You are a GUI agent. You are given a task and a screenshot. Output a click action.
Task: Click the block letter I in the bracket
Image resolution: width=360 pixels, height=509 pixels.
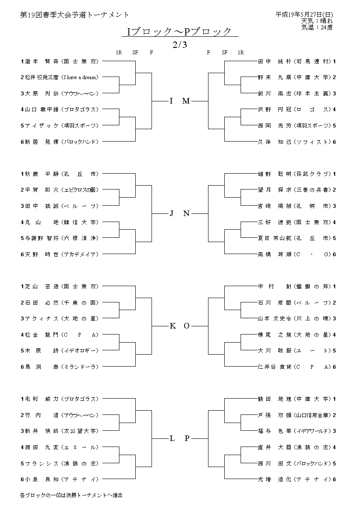pos(171,101)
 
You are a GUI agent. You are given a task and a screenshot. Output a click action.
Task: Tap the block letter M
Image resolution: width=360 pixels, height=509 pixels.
pos(186,101)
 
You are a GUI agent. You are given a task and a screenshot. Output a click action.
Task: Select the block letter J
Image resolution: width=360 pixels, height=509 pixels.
pos(171,213)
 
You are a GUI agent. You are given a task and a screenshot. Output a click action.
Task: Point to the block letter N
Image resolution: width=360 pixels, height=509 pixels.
pos(186,213)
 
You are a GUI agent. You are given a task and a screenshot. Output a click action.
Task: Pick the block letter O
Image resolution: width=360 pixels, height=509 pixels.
pos(186,326)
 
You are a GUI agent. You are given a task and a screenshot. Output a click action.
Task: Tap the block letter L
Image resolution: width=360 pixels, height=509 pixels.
pos(172,438)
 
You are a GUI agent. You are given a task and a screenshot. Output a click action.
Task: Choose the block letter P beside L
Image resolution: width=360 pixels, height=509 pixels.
pos(187,438)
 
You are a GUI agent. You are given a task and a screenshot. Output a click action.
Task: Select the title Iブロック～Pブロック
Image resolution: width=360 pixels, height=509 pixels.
pos(179,32)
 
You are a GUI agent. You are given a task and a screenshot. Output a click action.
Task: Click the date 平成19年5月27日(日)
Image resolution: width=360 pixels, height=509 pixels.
pos(304,15)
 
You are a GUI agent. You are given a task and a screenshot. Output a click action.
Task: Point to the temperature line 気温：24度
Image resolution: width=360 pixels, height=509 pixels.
pos(317,27)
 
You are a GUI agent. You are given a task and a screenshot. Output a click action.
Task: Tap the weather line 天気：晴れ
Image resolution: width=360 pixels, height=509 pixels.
pos(317,21)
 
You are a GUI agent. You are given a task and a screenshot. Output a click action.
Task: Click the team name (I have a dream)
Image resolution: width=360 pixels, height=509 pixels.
pos(80,77)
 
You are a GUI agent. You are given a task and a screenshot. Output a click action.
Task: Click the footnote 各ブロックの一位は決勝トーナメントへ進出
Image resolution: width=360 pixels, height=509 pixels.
pos(71,495)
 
